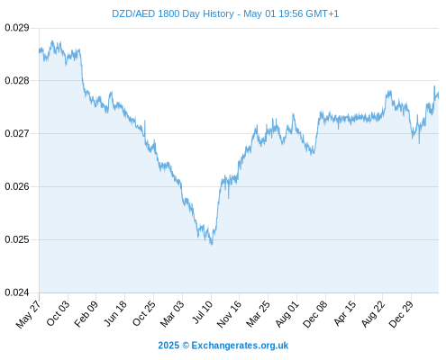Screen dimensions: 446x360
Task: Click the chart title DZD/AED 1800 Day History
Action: click(173, 13)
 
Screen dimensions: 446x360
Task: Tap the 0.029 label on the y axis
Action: click(17, 28)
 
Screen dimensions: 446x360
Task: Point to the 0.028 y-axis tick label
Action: click(17, 81)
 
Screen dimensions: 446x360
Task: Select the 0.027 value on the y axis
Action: click(17, 133)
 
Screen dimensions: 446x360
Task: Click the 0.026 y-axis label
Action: click(17, 186)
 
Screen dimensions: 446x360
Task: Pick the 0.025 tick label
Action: click(17, 239)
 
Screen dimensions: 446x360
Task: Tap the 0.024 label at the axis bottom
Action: click(17, 292)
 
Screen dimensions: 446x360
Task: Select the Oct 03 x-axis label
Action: click(57, 313)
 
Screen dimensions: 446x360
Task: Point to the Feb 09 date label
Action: click(86, 313)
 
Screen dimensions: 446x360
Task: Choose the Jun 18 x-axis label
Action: click(114, 313)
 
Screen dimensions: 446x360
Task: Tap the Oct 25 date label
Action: click(143, 313)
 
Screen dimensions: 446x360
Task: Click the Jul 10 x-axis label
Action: click(203, 312)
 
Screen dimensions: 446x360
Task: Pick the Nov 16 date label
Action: click(229, 314)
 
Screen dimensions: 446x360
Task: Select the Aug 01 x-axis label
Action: click(287, 313)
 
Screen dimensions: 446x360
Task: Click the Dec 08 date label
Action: click(315, 314)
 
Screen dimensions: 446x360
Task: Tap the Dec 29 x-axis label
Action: click(401, 314)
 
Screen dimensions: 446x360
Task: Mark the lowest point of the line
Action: click(212, 245)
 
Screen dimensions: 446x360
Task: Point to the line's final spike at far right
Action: click(434, 86)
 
